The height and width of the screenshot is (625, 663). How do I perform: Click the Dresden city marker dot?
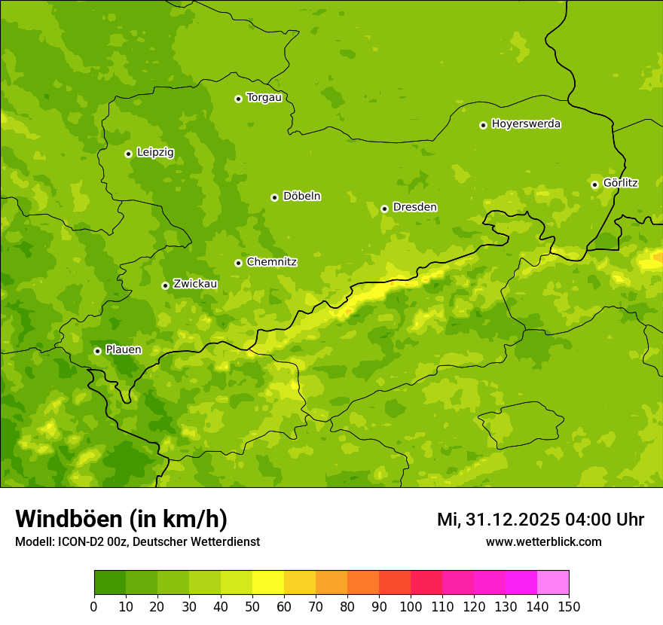[x=384, y=209]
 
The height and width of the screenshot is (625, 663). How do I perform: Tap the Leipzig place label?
[x=155, y=153]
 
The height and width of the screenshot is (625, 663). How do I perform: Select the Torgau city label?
[x=264, y=98]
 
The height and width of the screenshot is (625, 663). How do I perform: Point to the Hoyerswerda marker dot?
[x=483, y=125]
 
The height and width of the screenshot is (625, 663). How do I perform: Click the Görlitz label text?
[x=621, y=183]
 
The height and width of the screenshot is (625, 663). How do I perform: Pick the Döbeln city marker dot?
[x=274, y=197]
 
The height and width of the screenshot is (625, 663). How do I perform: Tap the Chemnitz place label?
[x=272, y=262]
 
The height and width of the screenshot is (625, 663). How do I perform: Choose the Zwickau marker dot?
[x=165, y=285]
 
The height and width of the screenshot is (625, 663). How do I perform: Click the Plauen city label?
[x=124, y=350]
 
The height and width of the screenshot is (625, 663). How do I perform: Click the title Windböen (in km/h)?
[x=121, y=519]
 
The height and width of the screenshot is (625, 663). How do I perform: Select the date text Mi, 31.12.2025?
[x=497, y=520]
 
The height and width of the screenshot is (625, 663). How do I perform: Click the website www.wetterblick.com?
[x=544, y=541]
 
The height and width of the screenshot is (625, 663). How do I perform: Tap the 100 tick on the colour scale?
[x=411, y=606]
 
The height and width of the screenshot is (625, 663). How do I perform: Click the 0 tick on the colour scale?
[x=94, y=606]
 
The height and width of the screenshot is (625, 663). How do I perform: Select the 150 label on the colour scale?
[x=569, y=606]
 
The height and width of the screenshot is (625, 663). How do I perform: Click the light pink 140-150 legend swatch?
[x=553, y=583]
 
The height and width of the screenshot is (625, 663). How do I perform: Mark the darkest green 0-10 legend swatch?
[x=110, y=583]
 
